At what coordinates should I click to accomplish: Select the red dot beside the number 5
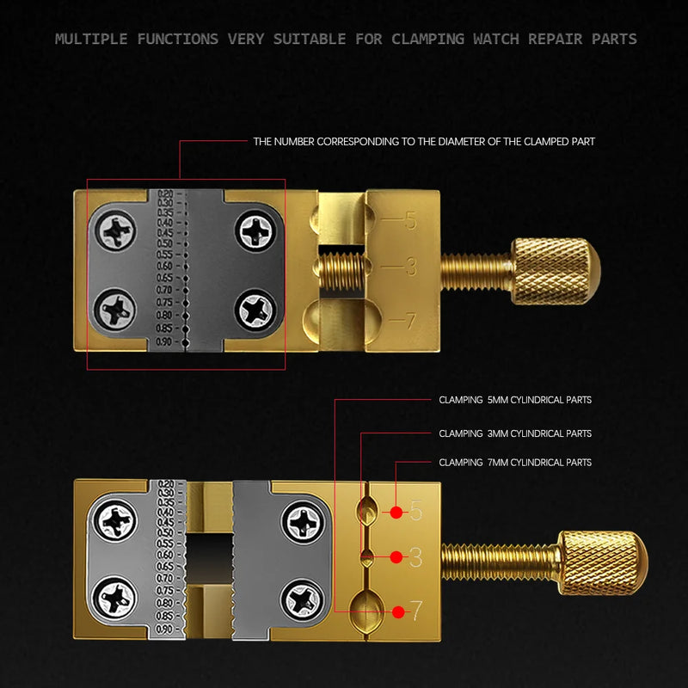tap(396, 513)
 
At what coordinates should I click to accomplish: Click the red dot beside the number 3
tap(396, 557)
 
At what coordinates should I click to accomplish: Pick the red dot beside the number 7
tap(398, 612)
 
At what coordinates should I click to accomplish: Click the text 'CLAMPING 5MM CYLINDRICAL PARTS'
tap(514, 400)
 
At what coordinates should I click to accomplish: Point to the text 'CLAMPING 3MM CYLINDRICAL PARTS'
tap(514, 434)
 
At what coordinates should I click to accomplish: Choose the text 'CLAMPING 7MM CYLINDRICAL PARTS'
tap(514, 463)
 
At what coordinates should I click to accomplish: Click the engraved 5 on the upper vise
tap(410, 221)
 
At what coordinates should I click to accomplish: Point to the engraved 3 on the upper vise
tap(411, 267)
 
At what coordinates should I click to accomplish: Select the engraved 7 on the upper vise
tap(410, 322)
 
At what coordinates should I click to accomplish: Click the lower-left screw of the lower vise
tap(114, 596)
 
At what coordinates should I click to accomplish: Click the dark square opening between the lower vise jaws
tap(209, 556)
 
